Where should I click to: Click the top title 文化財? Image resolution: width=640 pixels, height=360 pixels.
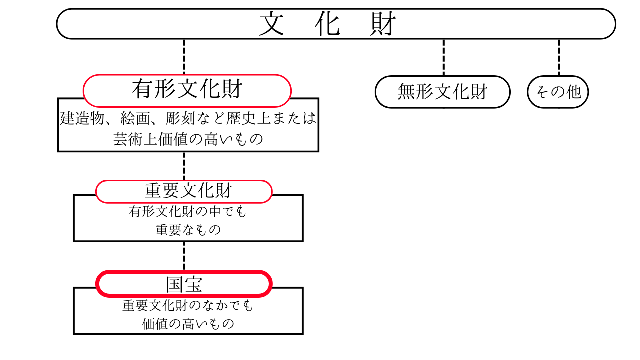328,24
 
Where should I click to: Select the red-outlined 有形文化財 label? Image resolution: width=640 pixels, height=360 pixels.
187,90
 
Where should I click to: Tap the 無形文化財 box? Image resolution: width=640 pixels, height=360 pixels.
442,92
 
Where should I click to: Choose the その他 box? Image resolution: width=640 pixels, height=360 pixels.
558,92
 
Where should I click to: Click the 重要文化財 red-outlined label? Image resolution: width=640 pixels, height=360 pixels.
184,191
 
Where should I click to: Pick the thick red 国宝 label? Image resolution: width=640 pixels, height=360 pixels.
184,284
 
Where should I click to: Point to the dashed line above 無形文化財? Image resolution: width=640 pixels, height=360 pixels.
443,57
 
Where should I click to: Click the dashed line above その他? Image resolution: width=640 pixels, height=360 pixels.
559,57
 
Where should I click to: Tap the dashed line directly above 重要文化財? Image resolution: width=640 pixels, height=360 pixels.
184,166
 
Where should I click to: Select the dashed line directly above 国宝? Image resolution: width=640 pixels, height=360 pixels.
184,256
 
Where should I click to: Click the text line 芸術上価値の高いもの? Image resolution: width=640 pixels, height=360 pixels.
188,139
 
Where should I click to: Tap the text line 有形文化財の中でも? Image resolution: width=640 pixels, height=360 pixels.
188,212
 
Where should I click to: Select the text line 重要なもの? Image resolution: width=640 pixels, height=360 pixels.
188,230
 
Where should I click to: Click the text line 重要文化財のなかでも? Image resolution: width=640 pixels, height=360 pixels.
188,305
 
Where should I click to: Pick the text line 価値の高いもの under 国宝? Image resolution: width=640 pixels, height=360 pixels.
188,324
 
